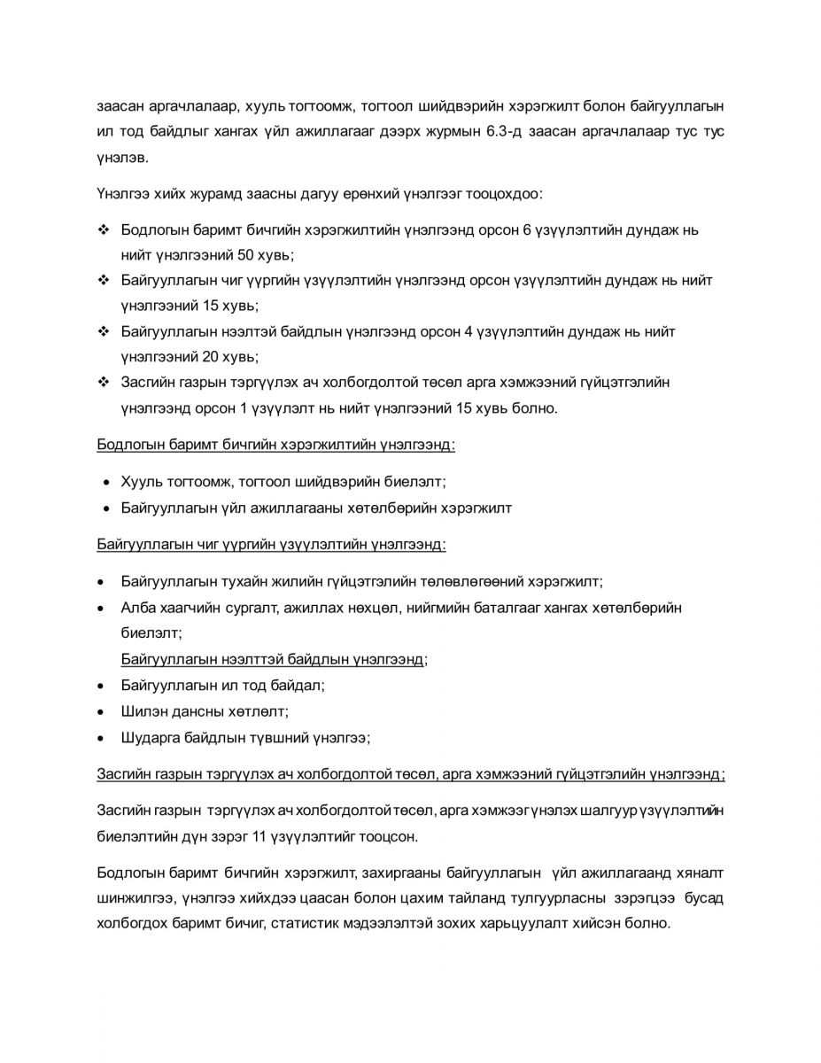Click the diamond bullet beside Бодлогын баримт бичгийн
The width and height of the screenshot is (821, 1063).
pyautogui.click(x=103, y=229)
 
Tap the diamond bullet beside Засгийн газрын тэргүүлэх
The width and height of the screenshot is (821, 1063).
pyautogui.click(x=103, y=383)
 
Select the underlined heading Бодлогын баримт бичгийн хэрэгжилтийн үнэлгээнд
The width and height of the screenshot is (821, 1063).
pyautogui.click(x=275, y=444)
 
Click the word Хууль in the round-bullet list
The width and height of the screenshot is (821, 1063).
pyautogui.click(x=140, y=482)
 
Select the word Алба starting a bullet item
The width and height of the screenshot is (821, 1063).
pyautogui.click(x=137, y=608)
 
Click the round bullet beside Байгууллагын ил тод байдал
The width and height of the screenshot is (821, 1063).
pyautogui.click(x=103, y=686)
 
